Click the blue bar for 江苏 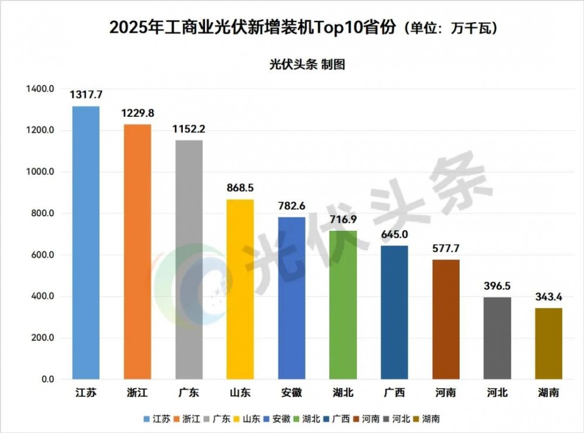point(86,243)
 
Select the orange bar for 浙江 point(137,251)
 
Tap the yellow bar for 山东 point(240,289)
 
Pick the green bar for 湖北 point(343,304)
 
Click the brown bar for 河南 point(446,319)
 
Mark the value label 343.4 point(548,297)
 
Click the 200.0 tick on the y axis point(42,338)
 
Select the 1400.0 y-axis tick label point(40,89)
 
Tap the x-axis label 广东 point(189,393)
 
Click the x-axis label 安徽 point(291,393)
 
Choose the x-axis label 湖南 point(548,393)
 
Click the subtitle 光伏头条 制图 point(307,64)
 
